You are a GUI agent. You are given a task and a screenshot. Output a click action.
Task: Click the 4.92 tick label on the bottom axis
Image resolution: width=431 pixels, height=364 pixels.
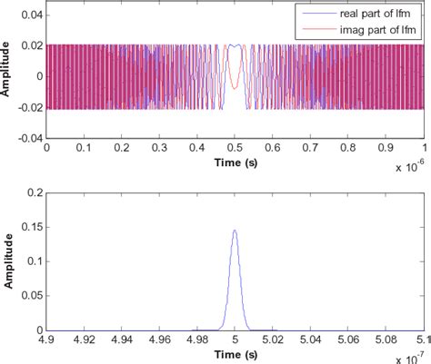tap(84, 339)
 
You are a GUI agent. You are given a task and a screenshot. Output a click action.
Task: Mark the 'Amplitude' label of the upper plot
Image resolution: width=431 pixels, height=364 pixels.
tap(7, 76)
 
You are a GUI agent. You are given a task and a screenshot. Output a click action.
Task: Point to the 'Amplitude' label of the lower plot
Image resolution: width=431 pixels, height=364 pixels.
tap(7, 261)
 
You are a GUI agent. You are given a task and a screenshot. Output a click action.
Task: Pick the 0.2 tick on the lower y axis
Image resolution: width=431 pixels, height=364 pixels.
tap(35, 192)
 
